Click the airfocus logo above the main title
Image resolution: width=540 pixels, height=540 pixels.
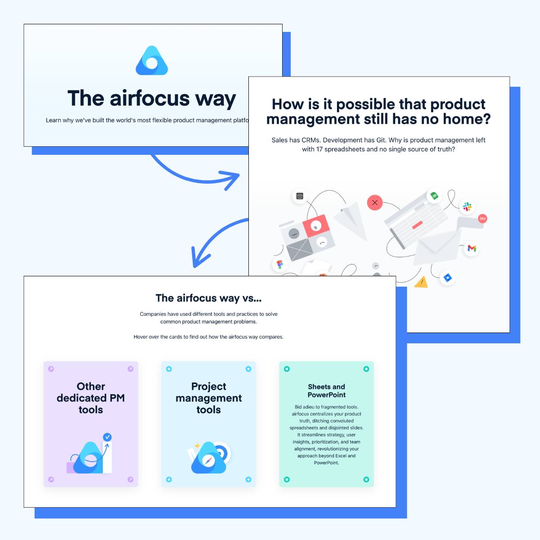coord(152,61)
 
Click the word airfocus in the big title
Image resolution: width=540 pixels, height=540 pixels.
coord(150,99)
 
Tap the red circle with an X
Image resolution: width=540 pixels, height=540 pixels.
coord(375,202)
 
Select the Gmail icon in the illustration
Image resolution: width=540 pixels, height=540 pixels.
coord(472,248)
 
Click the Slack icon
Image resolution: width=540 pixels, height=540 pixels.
coord(467,207)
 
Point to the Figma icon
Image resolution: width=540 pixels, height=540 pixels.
coord(279,264)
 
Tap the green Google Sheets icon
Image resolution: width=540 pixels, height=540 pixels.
coord(434,196)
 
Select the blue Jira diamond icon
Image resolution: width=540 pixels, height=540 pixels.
coord(447,278)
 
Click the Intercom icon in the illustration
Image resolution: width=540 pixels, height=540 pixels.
coord(300,196)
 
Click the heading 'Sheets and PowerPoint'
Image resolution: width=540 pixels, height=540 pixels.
coord(326,391)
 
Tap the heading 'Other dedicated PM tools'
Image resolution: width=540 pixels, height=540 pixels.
coord(91,398)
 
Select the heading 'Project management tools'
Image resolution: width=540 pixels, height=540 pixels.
coord(208,398)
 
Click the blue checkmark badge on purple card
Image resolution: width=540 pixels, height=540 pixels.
coord(108,437)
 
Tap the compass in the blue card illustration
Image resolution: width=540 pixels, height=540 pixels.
coord(208,461)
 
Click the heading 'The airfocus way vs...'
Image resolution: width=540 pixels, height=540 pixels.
coord(208,298)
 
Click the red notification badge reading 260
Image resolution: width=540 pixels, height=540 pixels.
coord(482,219)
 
